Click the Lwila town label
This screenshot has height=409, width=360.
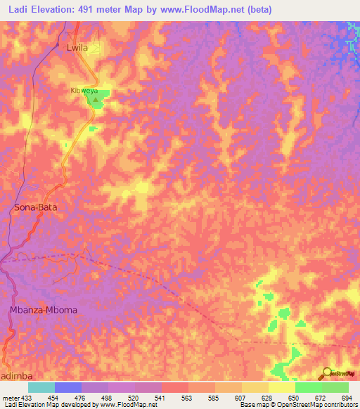pos(77,48)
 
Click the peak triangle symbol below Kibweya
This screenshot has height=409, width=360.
pos(96,100)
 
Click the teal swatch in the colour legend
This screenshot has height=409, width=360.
pos(41,387)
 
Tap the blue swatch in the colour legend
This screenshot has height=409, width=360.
pos(68,387)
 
